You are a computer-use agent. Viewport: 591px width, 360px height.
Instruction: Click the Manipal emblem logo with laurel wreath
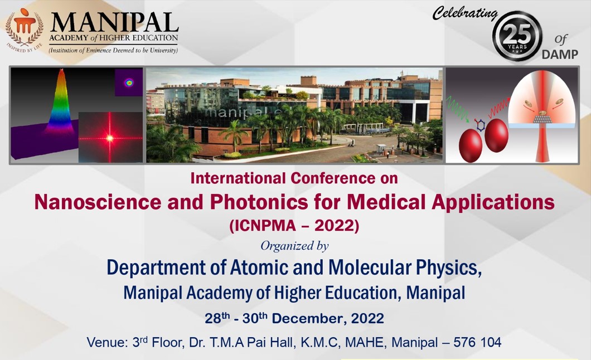[25, 30]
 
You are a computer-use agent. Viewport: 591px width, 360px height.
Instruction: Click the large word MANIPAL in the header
[114, 23]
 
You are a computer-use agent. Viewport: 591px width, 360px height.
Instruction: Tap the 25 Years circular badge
[517, 36]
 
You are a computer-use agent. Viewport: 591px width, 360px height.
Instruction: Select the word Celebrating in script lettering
[465, 13]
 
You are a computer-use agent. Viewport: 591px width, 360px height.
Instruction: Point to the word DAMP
[560, 55]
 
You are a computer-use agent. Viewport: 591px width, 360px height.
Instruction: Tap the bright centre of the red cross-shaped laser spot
[110, 138]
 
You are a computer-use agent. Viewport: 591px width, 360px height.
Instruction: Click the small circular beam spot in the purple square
[129, 82]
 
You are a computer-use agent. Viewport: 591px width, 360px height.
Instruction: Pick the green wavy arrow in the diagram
[458, 109]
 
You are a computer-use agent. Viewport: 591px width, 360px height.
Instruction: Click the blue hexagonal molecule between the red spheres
[480, 125]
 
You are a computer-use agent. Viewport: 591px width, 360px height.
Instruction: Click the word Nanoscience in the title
[98, 202]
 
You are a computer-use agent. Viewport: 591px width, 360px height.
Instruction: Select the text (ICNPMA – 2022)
[294, 226]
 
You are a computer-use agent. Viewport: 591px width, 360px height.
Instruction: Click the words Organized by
[294, 246]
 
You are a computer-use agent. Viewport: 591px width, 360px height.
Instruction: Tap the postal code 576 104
[477, 342]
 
